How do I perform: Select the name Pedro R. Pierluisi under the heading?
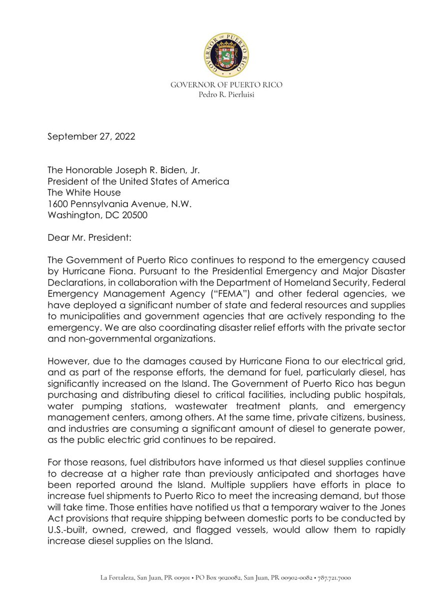coord(226,95)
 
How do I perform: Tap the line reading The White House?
coord(84,193)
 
